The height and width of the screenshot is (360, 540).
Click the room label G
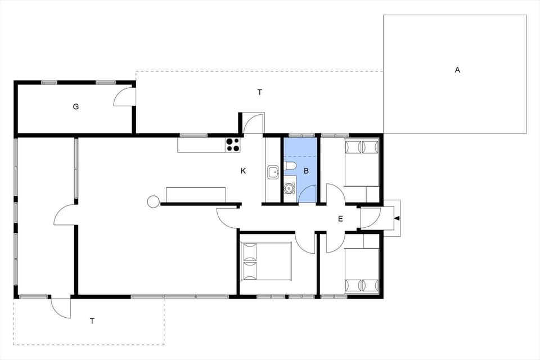[x=76, y=106]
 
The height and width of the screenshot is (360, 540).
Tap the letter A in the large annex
[x=457, y=70]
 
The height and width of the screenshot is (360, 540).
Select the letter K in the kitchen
[x=243, y=170]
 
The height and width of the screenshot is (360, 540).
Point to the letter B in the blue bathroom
[x=306, y=170]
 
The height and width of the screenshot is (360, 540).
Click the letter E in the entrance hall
[x=340, y=219]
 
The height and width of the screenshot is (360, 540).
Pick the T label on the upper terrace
[x=260, y=92]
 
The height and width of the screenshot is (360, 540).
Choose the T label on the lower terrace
[x=92, y=321]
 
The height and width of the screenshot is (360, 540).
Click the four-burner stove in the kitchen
[x=233, y=145]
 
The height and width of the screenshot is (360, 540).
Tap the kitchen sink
[x=273, y=172]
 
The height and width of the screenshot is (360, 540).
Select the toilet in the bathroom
[x=290, y=165]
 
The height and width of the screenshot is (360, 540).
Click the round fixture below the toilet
[x=289, y=188]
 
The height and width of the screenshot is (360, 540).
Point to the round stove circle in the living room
[x=152, y=201]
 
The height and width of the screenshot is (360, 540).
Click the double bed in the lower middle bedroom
[x=265, y=261]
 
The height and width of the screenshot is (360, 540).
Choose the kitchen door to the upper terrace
[x=254, y=123]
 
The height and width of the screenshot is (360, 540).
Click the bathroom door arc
[x=308, y=195]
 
